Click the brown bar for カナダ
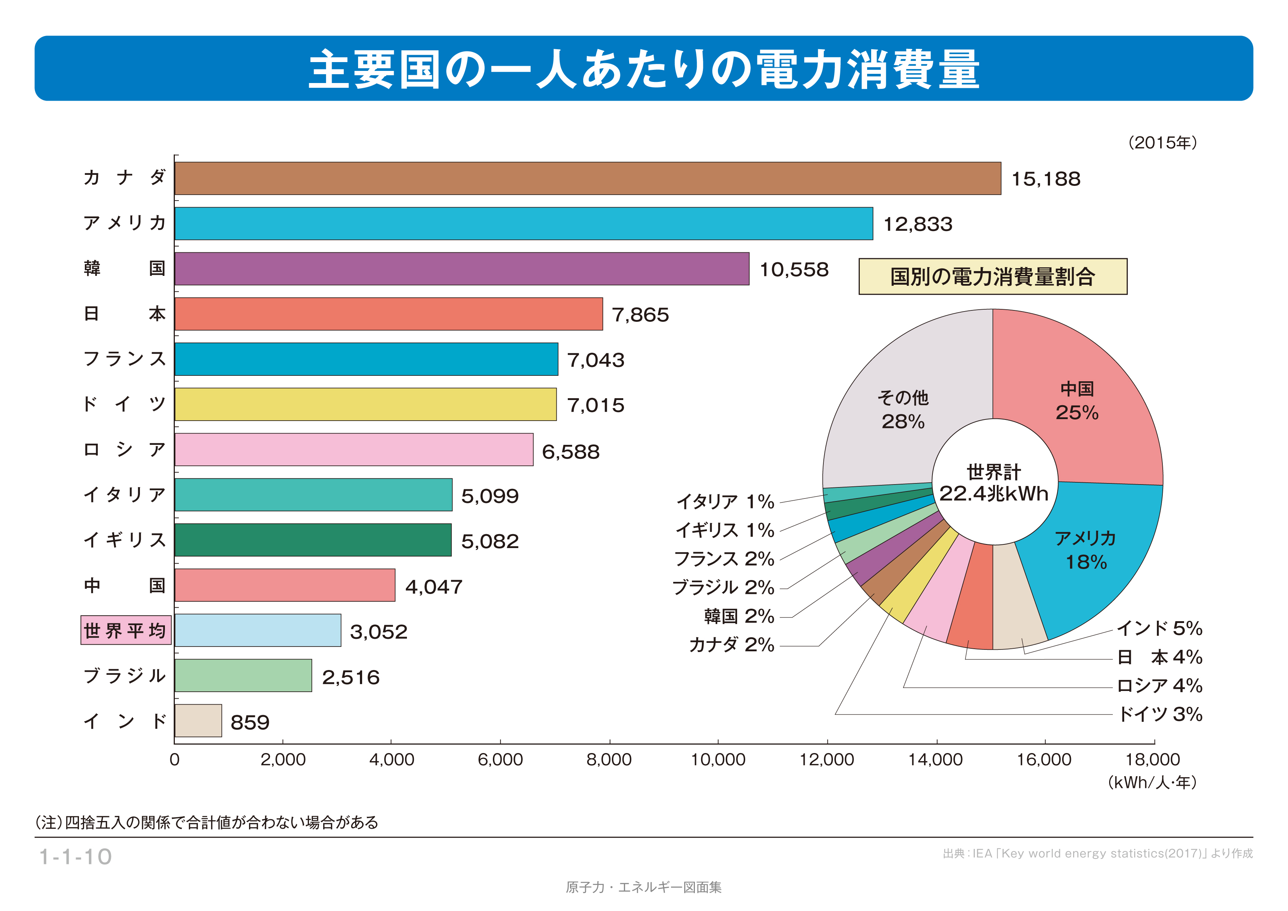coord(587,179)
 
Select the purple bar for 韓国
coord(462,269)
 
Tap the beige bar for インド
coord(198,721)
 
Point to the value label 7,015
coord(595,405)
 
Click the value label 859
coord(250,723)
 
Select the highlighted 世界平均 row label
coord(126,630)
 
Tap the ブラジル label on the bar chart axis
coord(125,676)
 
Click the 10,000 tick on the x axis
coord(718,760)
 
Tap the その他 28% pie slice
coord(903,410)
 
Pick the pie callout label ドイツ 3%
coord(1159,714)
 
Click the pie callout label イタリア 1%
coord(725,501)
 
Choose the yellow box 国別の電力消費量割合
coord(992,277)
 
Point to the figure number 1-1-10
coord(76,857)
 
